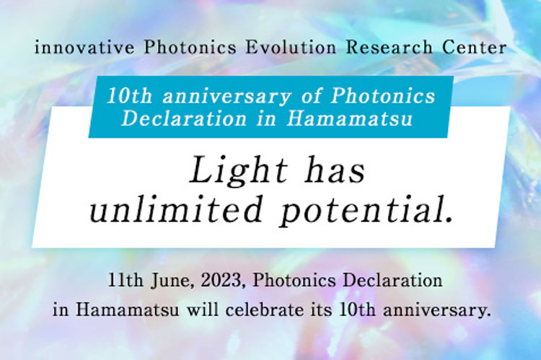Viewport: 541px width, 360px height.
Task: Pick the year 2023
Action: point(213,278)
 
